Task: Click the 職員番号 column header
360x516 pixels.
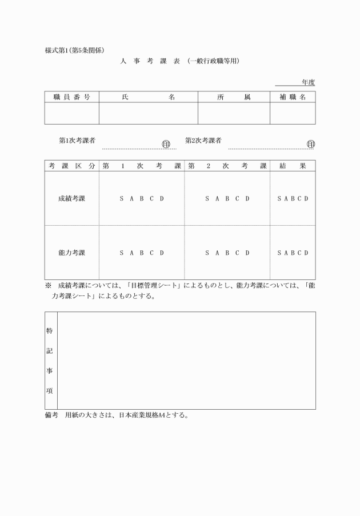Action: (71, 97)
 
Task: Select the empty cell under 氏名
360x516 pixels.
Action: (148, 113)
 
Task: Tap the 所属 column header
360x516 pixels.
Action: (234, 97)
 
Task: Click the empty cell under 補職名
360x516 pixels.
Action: (292, 113)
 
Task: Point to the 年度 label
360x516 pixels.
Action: (308, 82)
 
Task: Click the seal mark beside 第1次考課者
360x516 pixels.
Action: (166, 143)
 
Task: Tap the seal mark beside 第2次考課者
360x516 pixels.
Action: (311, 143)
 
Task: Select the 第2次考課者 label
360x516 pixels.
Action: (203, 140)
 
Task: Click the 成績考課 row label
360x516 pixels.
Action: (71, 198)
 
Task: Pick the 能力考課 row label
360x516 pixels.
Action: (71, 252)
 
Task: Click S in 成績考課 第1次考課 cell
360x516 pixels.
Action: (121, 198)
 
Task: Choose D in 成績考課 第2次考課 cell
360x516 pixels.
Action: (247, 198)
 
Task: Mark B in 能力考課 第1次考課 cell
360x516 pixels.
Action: (142, 252)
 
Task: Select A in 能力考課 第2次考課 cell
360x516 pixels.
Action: (217, 252)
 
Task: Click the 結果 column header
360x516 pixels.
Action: (292, 166)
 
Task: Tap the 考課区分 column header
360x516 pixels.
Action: (71, 166)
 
